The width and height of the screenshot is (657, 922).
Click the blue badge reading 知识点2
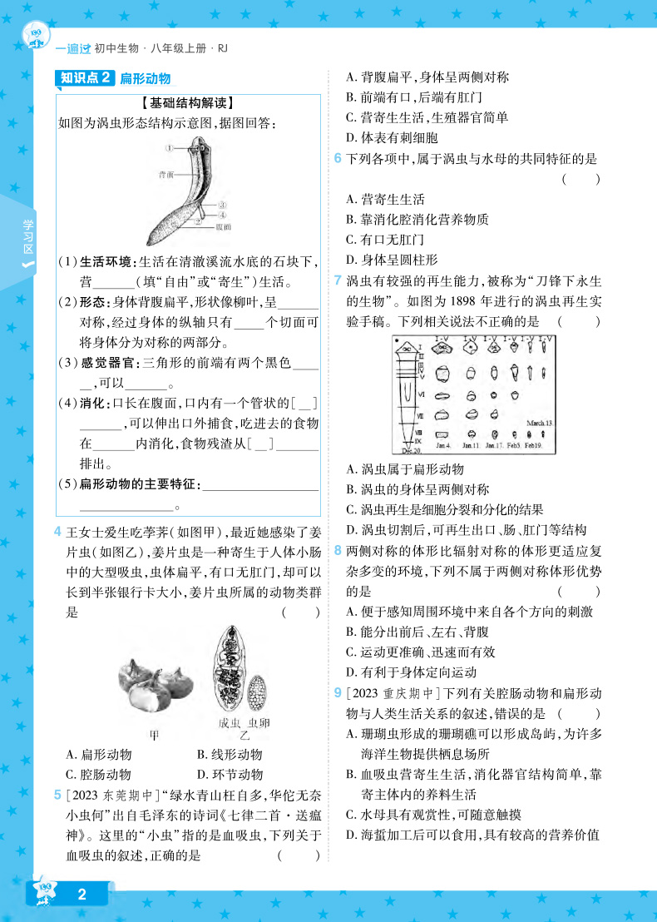(86, 78)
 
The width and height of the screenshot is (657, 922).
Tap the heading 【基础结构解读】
(187, 104)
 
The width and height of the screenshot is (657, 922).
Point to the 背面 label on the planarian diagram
(166, 176)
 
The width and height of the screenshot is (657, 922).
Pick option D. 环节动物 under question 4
(230, 755)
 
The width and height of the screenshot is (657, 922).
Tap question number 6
(338, 159)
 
